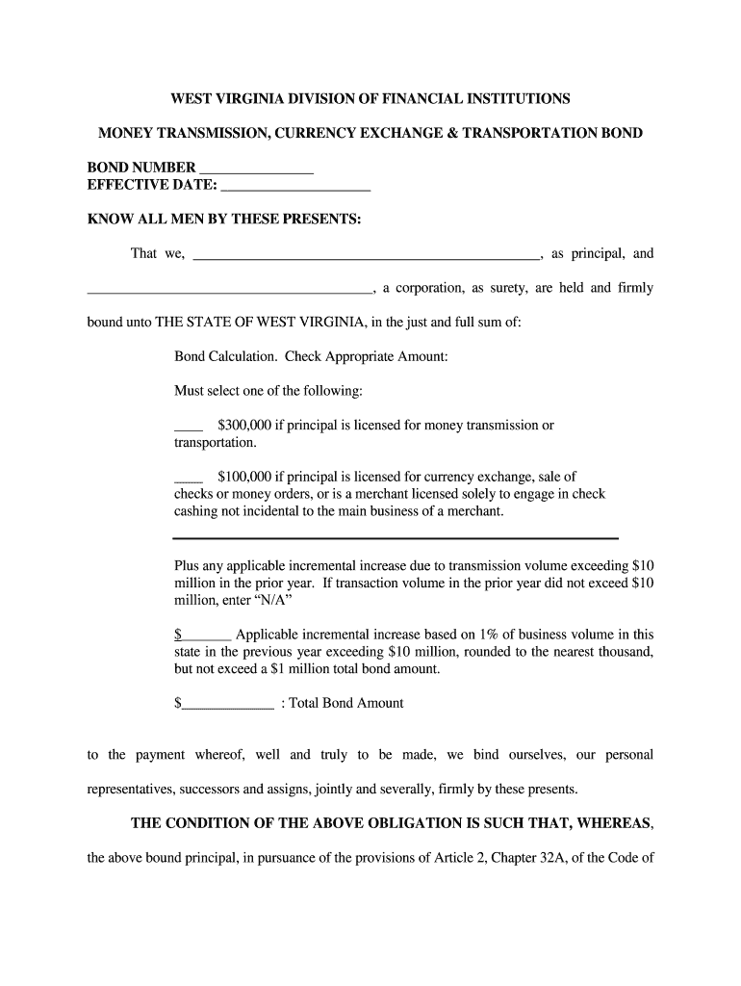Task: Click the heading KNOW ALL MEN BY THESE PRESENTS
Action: [224, 220]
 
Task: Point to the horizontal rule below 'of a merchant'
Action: [396, 538]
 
